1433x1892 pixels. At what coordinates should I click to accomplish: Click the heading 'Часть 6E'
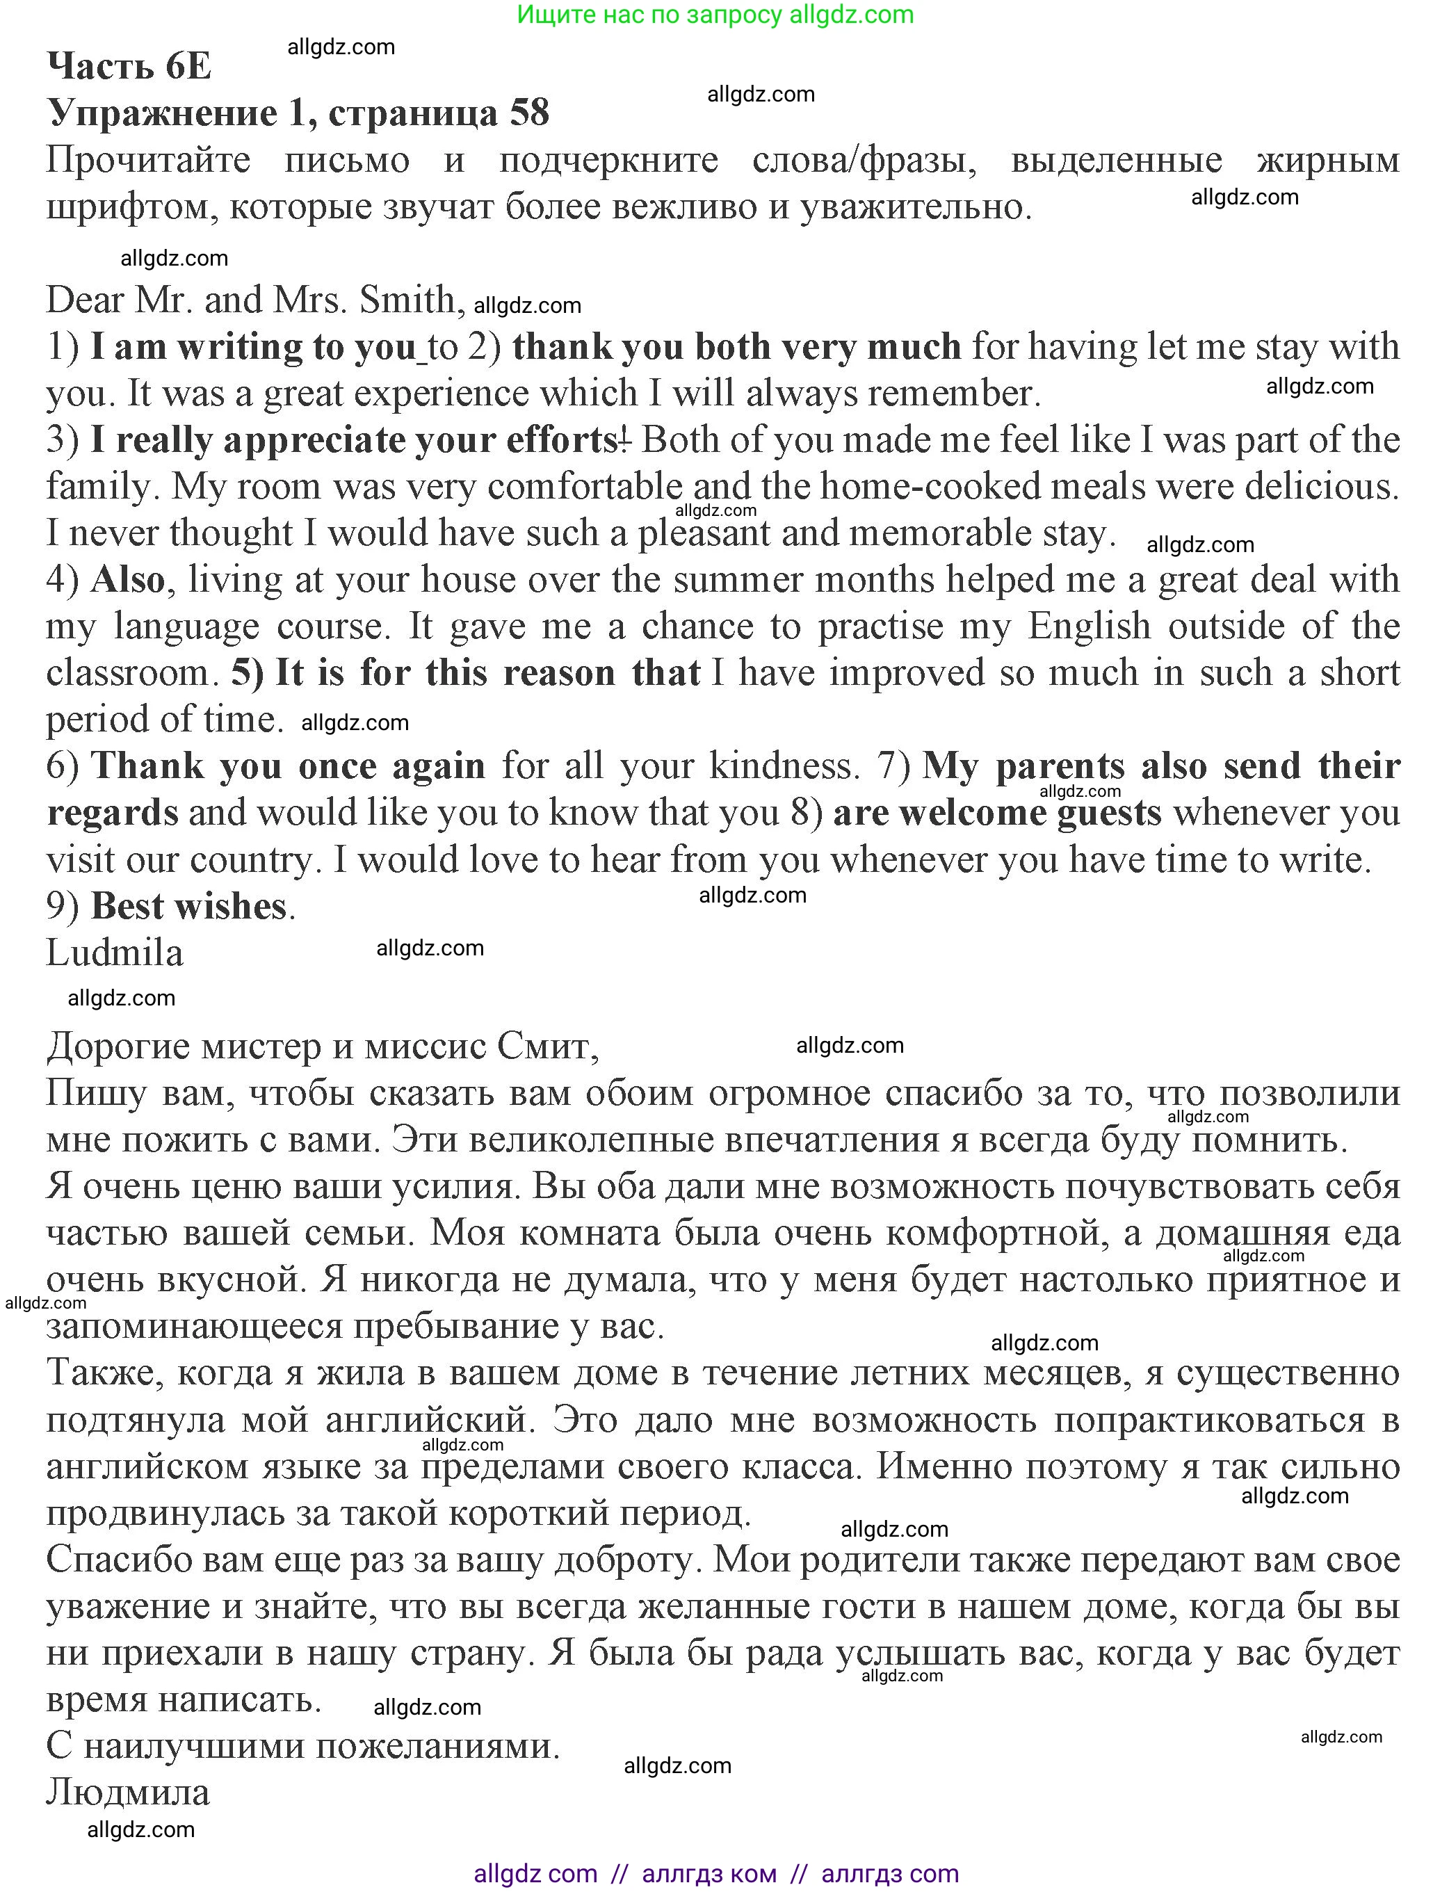[x=129, y=66]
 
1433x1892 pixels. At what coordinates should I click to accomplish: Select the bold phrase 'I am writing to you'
[x=252, y=347]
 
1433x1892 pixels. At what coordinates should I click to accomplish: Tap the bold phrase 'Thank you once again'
[x=287, y=766]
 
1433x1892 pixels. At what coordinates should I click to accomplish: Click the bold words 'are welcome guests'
[x=996, y=814]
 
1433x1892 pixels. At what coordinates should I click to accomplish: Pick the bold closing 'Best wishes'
[x=188, y=907]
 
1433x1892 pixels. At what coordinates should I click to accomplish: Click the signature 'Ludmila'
[x=114, y=953]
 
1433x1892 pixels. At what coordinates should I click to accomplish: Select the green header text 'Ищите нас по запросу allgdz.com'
[x=715, y=15]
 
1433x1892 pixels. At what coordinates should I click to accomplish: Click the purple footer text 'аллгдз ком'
[x=709, y=1873]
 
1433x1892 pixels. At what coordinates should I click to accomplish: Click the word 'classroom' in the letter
[x=127, y=673]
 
